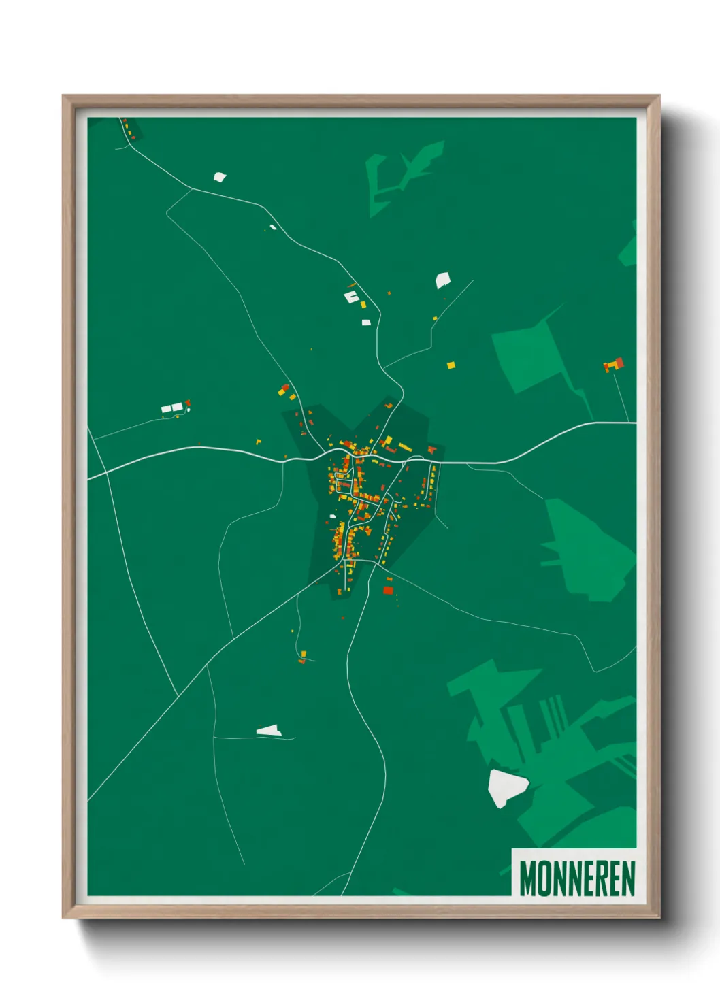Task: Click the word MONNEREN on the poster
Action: coord(577,878)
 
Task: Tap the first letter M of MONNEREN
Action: coord(527,878)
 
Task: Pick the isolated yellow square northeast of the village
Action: coord(451,365)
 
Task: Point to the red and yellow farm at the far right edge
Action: coord(615,365)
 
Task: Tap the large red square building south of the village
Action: coord(388,589)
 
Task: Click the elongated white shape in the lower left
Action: coord(269,731)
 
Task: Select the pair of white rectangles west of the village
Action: coord(172,408)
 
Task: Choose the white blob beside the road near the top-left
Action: coord(219,177)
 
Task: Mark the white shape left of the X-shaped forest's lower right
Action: coord(442,280)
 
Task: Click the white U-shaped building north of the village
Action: coord(351,297)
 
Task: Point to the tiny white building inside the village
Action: coord(333,516)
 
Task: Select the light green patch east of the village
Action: coord(585,551)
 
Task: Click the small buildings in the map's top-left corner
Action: coord(129,129)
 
